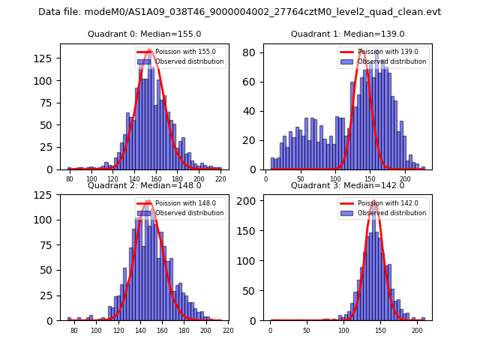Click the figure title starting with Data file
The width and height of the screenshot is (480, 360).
(239, 12)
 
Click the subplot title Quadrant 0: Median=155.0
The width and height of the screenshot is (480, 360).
(145, 34)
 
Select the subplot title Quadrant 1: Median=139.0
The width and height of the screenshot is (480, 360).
(348, 34)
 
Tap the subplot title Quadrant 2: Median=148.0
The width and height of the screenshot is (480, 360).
(145, 186)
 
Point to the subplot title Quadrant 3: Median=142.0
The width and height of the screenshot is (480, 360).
(348, 186)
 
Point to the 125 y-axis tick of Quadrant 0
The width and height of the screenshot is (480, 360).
(47, 58)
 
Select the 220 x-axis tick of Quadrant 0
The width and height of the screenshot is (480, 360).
(220, 180)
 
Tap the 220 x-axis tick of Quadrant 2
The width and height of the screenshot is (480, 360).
(228, 331)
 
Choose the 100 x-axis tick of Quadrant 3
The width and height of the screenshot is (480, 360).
(343, 331)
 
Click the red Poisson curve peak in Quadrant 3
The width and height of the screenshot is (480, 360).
(373, 202)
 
